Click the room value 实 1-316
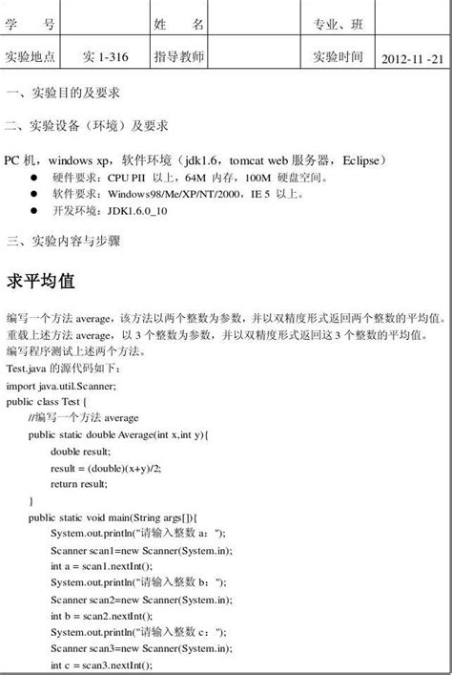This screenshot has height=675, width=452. (x=106, y=57)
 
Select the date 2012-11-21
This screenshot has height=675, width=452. (x=412, y=58)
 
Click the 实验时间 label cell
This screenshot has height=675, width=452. (x=339, y=56)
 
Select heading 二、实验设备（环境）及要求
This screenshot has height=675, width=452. (x=87, y=125)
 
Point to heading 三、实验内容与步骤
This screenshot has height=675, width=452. (x=63, y=241)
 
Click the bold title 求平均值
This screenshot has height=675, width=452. (x=47, y=283)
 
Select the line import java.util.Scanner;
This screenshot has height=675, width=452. (x=61, y=386)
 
